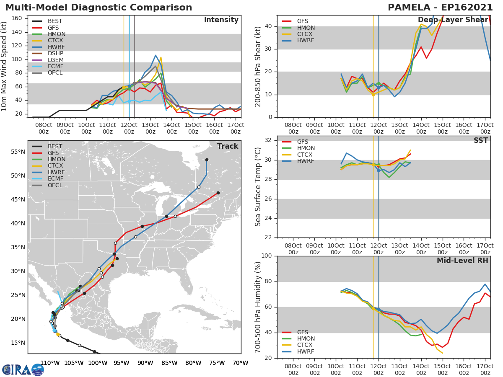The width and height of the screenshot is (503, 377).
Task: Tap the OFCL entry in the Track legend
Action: pyautogui.click(x=55, y=185)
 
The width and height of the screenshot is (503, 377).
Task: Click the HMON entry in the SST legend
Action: pyautogui.click(x=306, y=148)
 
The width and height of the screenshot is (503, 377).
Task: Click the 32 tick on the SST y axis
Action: pyautogui.click(x=268, y=140)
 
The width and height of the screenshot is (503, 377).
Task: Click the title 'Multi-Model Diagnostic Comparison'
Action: pyautogui.click(x=99, y=8)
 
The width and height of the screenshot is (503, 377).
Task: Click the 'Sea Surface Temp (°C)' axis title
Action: pyautogui.click(x=258, y=187)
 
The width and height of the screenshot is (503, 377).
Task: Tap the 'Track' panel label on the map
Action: pyautogui.click(x=228, y=146)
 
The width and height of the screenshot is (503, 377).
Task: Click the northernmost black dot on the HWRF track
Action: pyautogui.click(x=207, y=160)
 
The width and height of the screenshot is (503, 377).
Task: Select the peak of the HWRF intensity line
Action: pyautogui.click(x=156, y=55)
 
